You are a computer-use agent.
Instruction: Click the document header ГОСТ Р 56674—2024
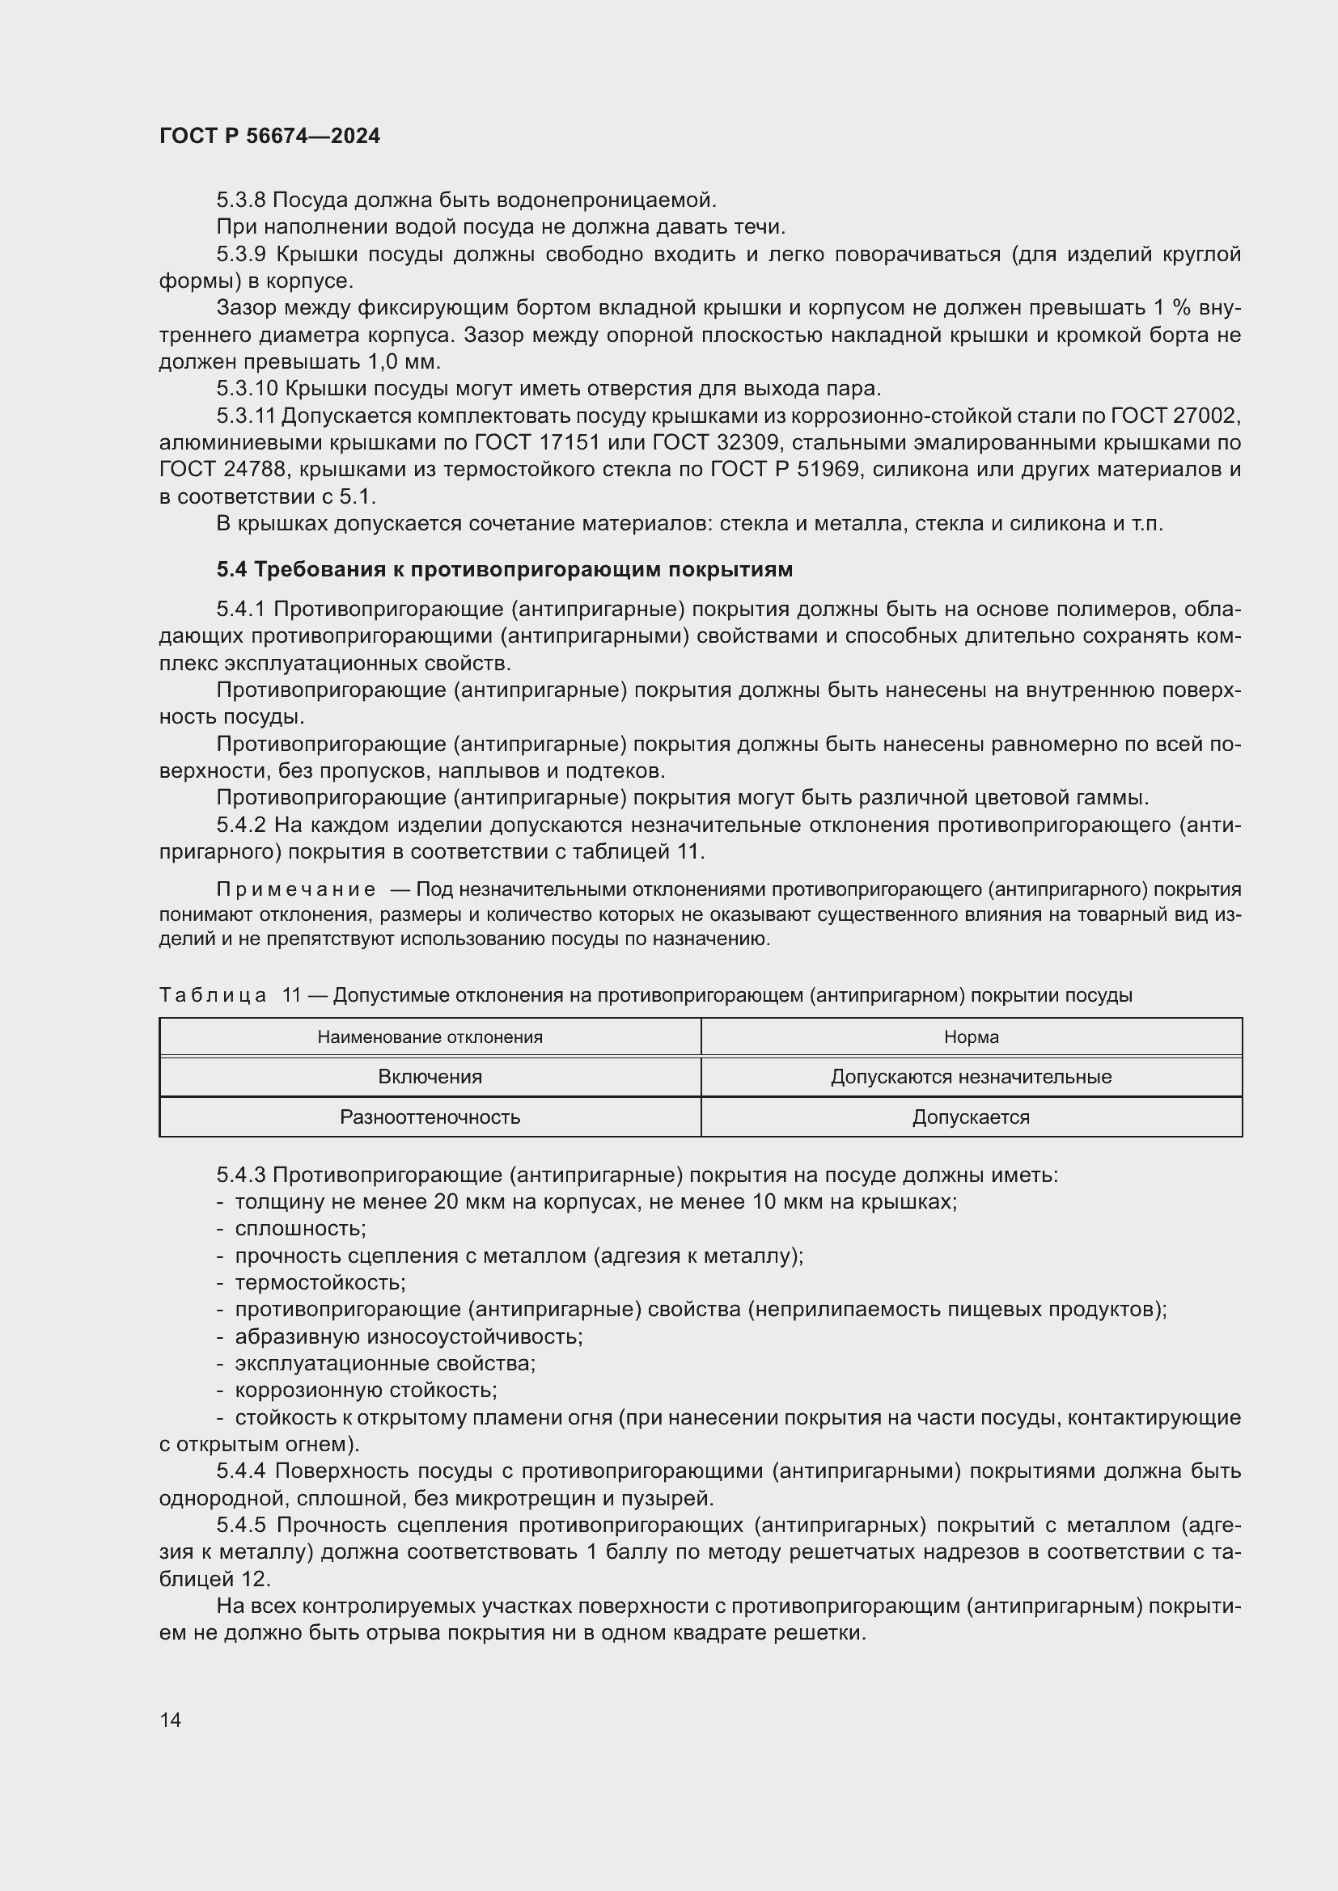(x=269, y=137)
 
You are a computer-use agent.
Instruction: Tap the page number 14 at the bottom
(x=171, y=1720)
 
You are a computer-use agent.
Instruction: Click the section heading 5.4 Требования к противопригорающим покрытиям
(x=504, y=569)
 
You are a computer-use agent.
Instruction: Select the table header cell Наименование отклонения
(x=430, y=1037)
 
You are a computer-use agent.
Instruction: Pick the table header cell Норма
(x=971, y=1037)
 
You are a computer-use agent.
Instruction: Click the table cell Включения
(x=430, y=1076)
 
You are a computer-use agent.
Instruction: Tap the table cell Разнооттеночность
(x=430, y=1116)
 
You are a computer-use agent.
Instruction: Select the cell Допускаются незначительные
(x=971, y=1076)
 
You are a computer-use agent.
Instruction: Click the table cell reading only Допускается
(x=971, y=1116)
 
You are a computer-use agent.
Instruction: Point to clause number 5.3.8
(x=240, y=200)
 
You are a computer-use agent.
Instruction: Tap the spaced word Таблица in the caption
(x=213, y=996)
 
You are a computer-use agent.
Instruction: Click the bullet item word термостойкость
(x=320, y=1282)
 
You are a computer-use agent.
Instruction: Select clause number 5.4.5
(x=240, y=1526)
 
